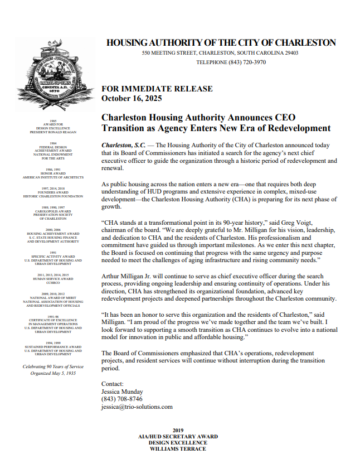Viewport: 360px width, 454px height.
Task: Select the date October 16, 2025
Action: [x=132, y=98]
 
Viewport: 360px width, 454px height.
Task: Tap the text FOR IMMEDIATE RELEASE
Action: [x=157, y=89]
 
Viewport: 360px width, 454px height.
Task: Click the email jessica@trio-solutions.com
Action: [x=137, y=407]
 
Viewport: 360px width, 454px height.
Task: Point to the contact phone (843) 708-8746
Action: [x=121, y=399]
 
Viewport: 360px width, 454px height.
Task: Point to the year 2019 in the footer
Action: [x=178, y=430]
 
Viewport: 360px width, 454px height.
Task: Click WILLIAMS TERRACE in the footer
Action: [x=178, y=448]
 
